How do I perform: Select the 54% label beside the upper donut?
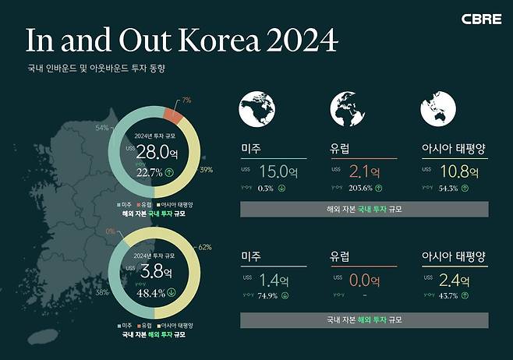101,127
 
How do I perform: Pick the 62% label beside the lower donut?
206,247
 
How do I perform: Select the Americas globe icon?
262,108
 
